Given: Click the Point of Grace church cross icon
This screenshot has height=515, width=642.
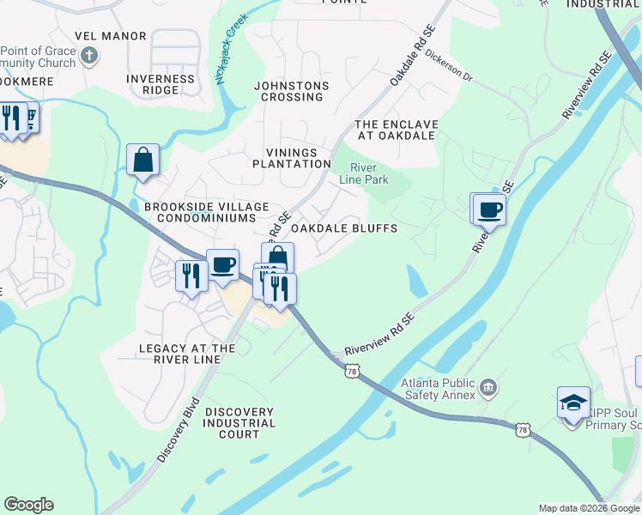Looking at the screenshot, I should (89, 58).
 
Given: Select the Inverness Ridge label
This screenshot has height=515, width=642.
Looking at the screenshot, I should (160, 84).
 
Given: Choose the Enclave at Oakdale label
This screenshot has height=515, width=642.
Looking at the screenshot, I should (397, 130).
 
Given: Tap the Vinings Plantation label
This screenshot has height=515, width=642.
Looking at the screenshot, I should (292, 158).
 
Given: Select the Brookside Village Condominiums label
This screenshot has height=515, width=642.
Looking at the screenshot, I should (207, 212).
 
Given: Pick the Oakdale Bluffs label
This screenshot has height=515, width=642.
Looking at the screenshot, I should (344, 229).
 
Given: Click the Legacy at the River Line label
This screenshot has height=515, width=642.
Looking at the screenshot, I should (187, 354).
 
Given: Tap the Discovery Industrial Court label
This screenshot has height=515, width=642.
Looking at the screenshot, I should (239, 423).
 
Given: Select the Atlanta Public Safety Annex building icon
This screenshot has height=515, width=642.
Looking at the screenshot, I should (488, 387).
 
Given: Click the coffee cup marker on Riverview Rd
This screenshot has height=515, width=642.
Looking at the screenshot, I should (490, 209).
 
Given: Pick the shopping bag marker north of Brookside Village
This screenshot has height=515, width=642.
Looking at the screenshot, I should (142, 160).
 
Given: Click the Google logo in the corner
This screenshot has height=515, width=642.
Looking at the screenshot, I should (28, 505).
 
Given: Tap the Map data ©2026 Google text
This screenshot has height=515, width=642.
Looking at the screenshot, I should (589, 508).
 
